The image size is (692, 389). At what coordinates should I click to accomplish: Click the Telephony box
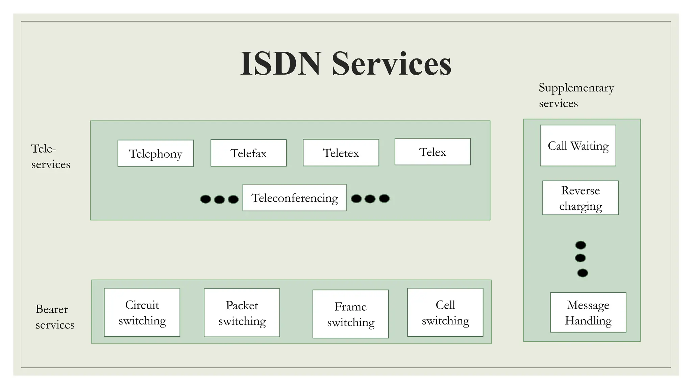pyautogui.click(x=155, y=153)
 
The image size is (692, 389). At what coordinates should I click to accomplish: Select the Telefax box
pyautogui.click(x=248, y=153)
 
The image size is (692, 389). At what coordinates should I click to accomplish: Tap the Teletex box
pyautogui.click(x=341, y=153)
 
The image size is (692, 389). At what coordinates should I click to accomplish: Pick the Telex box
pyautogui.click(x=432, y=152)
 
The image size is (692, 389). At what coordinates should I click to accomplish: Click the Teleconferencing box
pyautogui.click(x=294, y=198)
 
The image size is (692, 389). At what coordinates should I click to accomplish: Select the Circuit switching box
pyautogui.click(x=142, y=312)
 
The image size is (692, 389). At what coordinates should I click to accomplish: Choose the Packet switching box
pyautogui.click(x=242, y=313)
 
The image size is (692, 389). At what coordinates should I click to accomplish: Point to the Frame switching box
pyautogui.click(x=350, y=314)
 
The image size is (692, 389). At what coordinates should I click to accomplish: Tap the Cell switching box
pyautogui.click(x=445, y=312)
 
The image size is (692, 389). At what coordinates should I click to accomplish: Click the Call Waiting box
pyautogui.click(x=578, y=146)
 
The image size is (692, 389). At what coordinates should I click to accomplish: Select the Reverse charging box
pyautogui.click(x=580, y=198)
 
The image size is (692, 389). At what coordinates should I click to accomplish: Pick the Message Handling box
pyautogui.click(x=588, y=312)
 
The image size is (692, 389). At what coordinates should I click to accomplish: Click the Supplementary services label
pyautogui.click(x=576, y=95)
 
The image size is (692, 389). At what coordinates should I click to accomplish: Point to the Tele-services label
pyautogui.click(x=51, y=156)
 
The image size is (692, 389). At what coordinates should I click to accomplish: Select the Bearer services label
pyautogui.click(x=55, y=317)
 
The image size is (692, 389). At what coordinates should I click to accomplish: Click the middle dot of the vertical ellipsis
pyautogui.click(x=580, y=258)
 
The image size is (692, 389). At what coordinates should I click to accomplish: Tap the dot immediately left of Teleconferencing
pyautogui.click(x=233, y=199)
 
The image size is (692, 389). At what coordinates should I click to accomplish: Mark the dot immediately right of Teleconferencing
pyautogui.click(x=356, y=199)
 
